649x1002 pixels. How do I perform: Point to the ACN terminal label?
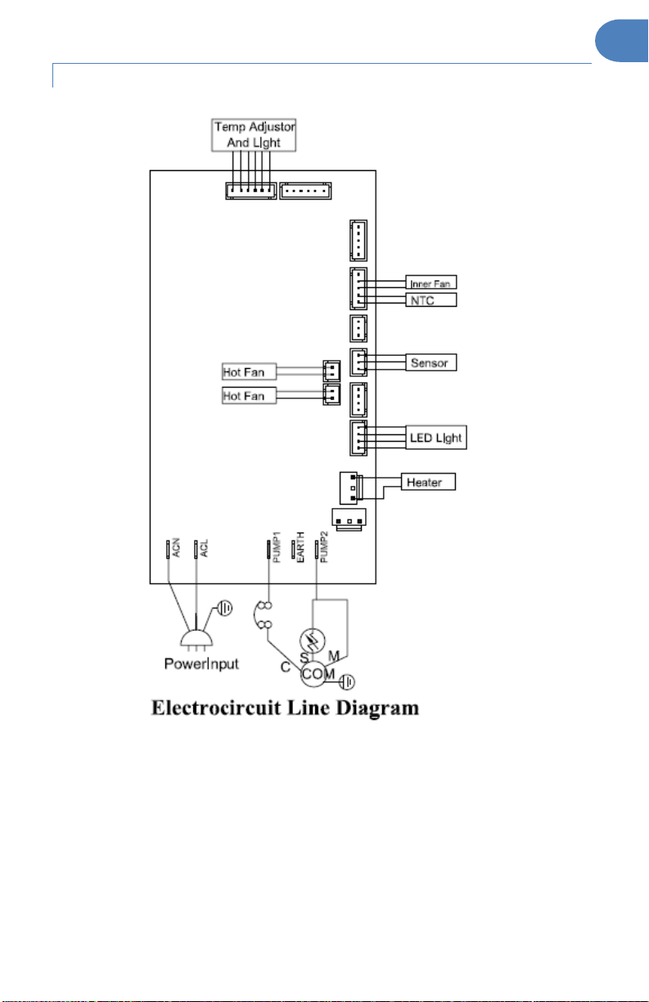point(176,547)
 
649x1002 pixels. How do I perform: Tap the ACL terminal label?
point(204,548)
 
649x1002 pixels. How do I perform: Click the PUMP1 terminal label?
point(277,546)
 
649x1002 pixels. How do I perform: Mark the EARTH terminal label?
point(300,547)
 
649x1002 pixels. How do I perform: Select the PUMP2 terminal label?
point(324,546)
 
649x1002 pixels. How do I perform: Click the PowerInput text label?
point(201,664)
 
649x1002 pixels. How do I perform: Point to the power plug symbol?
point(196,639)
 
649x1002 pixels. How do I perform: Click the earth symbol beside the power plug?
point(225,608)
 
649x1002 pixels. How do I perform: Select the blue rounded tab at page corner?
point(622,41)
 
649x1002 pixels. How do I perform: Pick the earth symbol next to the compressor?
point(347,681)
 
